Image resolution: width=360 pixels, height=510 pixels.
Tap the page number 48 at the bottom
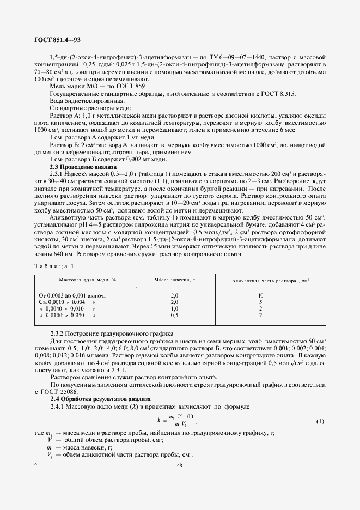click(x=180, y=465)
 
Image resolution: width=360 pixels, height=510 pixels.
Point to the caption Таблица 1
click(x=53, y=266)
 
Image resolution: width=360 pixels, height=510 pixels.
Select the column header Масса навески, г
click(x=175, y=280)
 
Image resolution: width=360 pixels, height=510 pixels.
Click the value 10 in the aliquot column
click(x=261, y=295)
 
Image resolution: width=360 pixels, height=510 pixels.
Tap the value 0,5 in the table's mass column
click(x=175, y=315)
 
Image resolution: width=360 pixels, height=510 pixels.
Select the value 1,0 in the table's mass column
click(x=175, y=308)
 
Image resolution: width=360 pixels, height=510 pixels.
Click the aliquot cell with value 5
click(x=261, y=302)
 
